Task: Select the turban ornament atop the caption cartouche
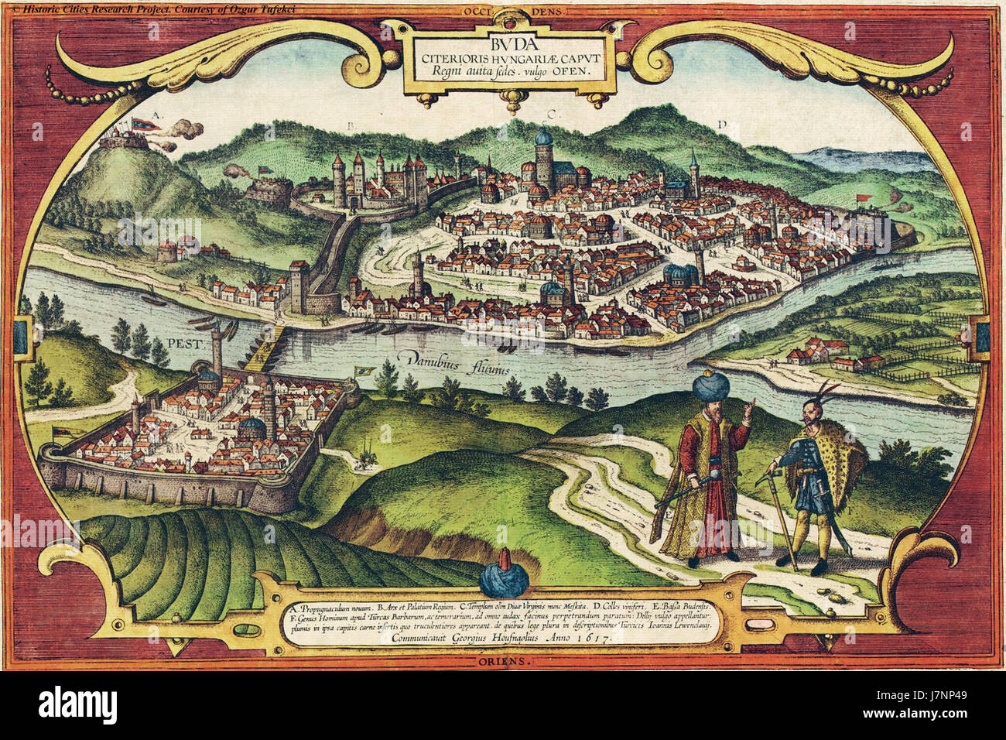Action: [x=504, y=573]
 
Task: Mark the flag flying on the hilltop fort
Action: [x=144, y=122]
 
